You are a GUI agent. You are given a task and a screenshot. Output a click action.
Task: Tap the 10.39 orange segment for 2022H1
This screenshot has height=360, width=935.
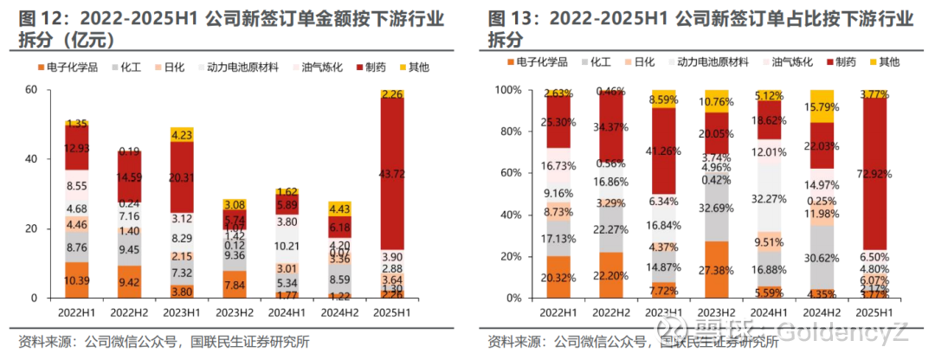tap(77, 280)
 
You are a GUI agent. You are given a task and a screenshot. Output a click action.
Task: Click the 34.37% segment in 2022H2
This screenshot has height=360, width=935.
tap(611, 126)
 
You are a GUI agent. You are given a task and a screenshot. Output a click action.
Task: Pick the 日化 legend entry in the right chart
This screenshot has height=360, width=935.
tap(643, 62)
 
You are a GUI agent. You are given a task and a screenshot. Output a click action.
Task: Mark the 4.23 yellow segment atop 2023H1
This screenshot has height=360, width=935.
tap(182, 134)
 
